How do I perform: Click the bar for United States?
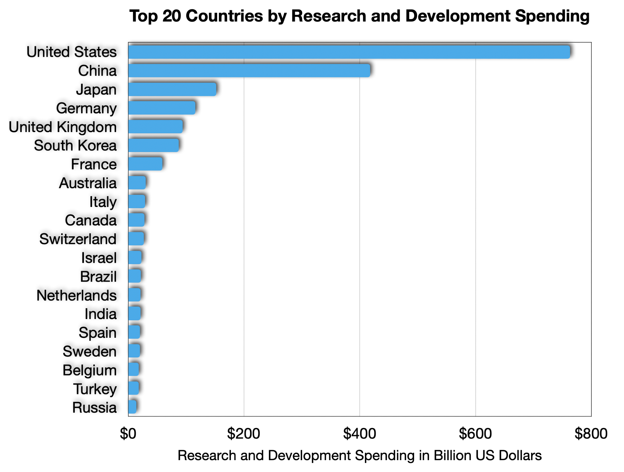pyautogui.click(x=349, y=52)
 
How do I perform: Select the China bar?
pyautogui.click(x=249, y=71)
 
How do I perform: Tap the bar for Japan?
pyautogui.click(x=172, y=89)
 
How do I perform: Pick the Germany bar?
pyautogui.click(x=162, y=108)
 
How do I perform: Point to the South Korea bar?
pyautogui.click(x=154, y=145)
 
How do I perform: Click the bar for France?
pyautogui.click(x=145, y=164)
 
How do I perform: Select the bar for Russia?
pyautogui.click(x=132, y=407)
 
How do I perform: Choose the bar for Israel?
pyautogui.click(x=135, y=258)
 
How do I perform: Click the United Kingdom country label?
pyautogui.click(x=63, y=127)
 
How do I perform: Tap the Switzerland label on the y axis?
pyautogui.click(x=78, y=239)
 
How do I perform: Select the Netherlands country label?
pyautogui.click(x=76, y=295)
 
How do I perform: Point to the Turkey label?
pyautogui.click(x=95, y=389)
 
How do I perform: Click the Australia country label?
pyautogui.click(x=88, y=183)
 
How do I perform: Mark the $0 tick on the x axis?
pyautogui.click(x=128, y=434)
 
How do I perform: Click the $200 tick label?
pyautogui.click(x=243, y=434)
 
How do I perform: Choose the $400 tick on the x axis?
pyautogui.click(x=359, y=434)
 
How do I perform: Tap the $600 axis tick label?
pyautogui.click(x=475, y=434)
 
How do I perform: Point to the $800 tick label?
pyautogui.click(x=591, y=434)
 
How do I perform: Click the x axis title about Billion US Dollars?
pyautogui.click(x=359, y=456)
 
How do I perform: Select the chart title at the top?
pyautogui.click(x=359, y=16)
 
